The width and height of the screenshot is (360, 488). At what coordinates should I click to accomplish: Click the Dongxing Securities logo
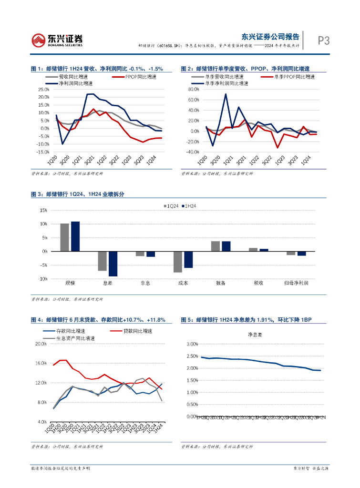coord(57,40)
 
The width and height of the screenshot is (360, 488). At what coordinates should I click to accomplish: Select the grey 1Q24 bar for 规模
coord(64,237)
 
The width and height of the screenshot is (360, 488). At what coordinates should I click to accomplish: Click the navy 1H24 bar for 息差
coord(113,264)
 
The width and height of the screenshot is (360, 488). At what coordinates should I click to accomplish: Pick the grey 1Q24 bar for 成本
coord(178,262)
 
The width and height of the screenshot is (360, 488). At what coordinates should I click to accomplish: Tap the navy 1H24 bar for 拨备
coord(226,246)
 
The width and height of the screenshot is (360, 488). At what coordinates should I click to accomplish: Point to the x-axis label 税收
coord(258,283)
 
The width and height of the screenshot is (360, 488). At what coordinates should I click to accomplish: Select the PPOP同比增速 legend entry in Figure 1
coord(141,77)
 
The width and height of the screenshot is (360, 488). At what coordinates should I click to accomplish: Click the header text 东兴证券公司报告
coord(270,36)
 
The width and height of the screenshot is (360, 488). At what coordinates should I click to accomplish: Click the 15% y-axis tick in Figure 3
coord(44,210)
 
